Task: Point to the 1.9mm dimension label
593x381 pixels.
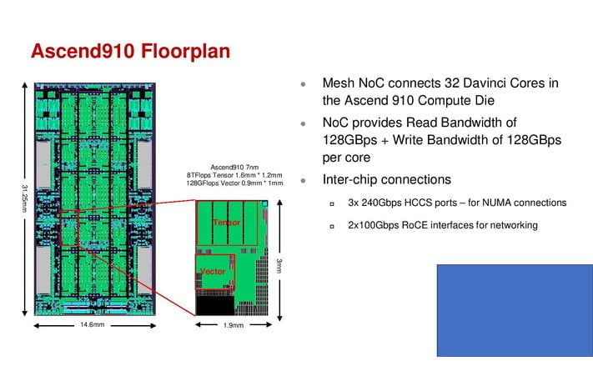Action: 234,325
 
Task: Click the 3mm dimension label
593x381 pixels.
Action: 279,265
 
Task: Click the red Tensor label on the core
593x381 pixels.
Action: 226,223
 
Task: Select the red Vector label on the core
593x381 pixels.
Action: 214,272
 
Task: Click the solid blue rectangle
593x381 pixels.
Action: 515,309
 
